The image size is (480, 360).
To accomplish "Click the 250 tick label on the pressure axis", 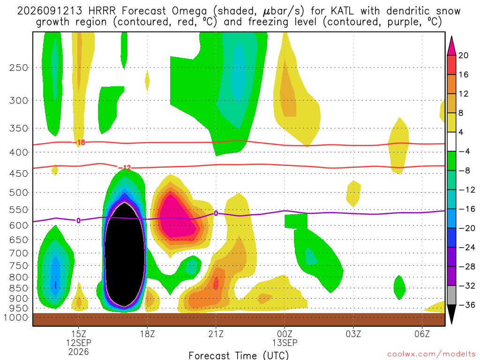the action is pyautogui.click(x=19, y=67).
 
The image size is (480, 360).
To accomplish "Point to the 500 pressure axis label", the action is pyautogui.click(x=19, y=193).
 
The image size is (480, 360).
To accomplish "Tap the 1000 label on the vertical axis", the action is pyautogui.click(x=16, y=317).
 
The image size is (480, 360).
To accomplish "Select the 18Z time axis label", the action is pyautogui.click(x=147, y=334).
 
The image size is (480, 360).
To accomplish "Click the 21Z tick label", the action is pyautogui.click(x=216, y=334).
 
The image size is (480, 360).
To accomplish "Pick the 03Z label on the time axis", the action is pyautogui.click(x=353, y=334).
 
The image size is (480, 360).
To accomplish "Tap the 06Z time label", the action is pyautogui.click(x=422, y=334).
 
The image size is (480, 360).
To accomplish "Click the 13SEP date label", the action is pyautogui.click(x=285, y=343).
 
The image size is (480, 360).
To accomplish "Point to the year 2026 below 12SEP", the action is pyautogui.click(x=79, y=352).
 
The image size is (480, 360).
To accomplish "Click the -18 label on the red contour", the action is pyautogui.click(x=79, y=142).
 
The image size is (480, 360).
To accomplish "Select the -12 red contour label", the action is pyautogui.click(x=125, y=167).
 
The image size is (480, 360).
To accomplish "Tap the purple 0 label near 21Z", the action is pyautogui.click(x=216, y=213).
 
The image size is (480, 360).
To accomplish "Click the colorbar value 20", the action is pyautogui.click(x=464, y=55).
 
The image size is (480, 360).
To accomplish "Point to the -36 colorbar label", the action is pyautogui.click(x=467, y=305).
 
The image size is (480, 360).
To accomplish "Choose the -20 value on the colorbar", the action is pyautogui.click(x=467, y=228).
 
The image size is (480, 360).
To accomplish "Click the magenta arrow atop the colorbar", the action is pyautogui.click(x=451, y=46).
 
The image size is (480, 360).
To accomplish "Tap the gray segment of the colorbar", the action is pyautogui.click(x=451, y=295).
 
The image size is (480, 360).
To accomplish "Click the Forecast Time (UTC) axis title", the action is pyautogui.click(x=239, y=355).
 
